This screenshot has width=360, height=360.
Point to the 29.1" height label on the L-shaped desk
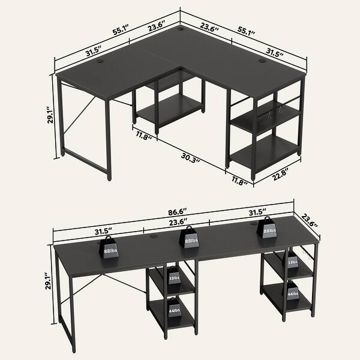pos(52,114)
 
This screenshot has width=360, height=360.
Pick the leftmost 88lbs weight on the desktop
pos(110,248)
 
